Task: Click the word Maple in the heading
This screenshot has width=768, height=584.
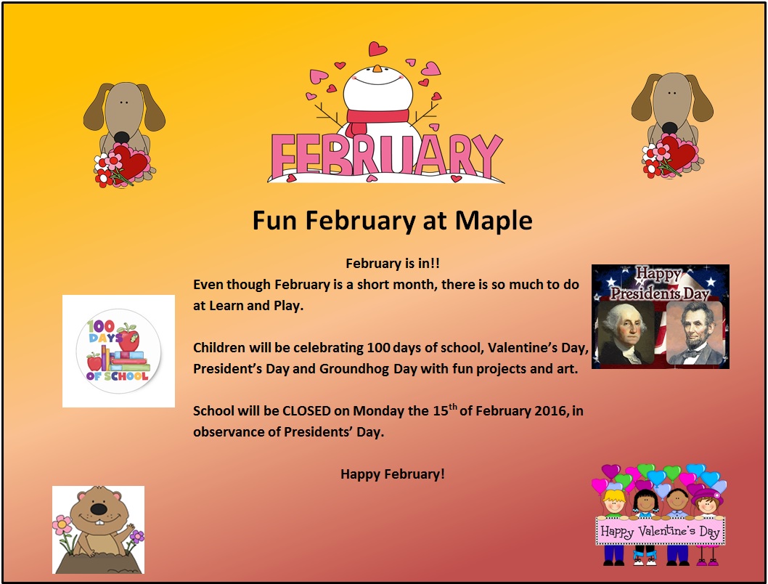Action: (493, 221)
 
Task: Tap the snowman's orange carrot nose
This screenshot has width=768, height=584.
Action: (377, 68)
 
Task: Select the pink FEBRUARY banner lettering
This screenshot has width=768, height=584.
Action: (387, 155)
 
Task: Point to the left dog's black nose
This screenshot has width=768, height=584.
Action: (121, 138)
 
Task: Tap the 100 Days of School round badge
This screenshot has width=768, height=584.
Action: (118, 351)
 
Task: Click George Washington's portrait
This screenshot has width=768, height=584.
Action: (624, 334)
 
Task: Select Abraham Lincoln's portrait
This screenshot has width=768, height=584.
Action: (695, 333)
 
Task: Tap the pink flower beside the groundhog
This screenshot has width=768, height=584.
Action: (62, 524)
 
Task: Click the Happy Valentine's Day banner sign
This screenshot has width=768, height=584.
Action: (661, 531)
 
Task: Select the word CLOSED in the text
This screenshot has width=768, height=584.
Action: (306, 410)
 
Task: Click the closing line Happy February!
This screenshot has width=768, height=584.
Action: (393, 474)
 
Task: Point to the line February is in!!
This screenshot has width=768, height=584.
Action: (393, 264)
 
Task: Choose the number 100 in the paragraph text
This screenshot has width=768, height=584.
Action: (379, 348)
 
